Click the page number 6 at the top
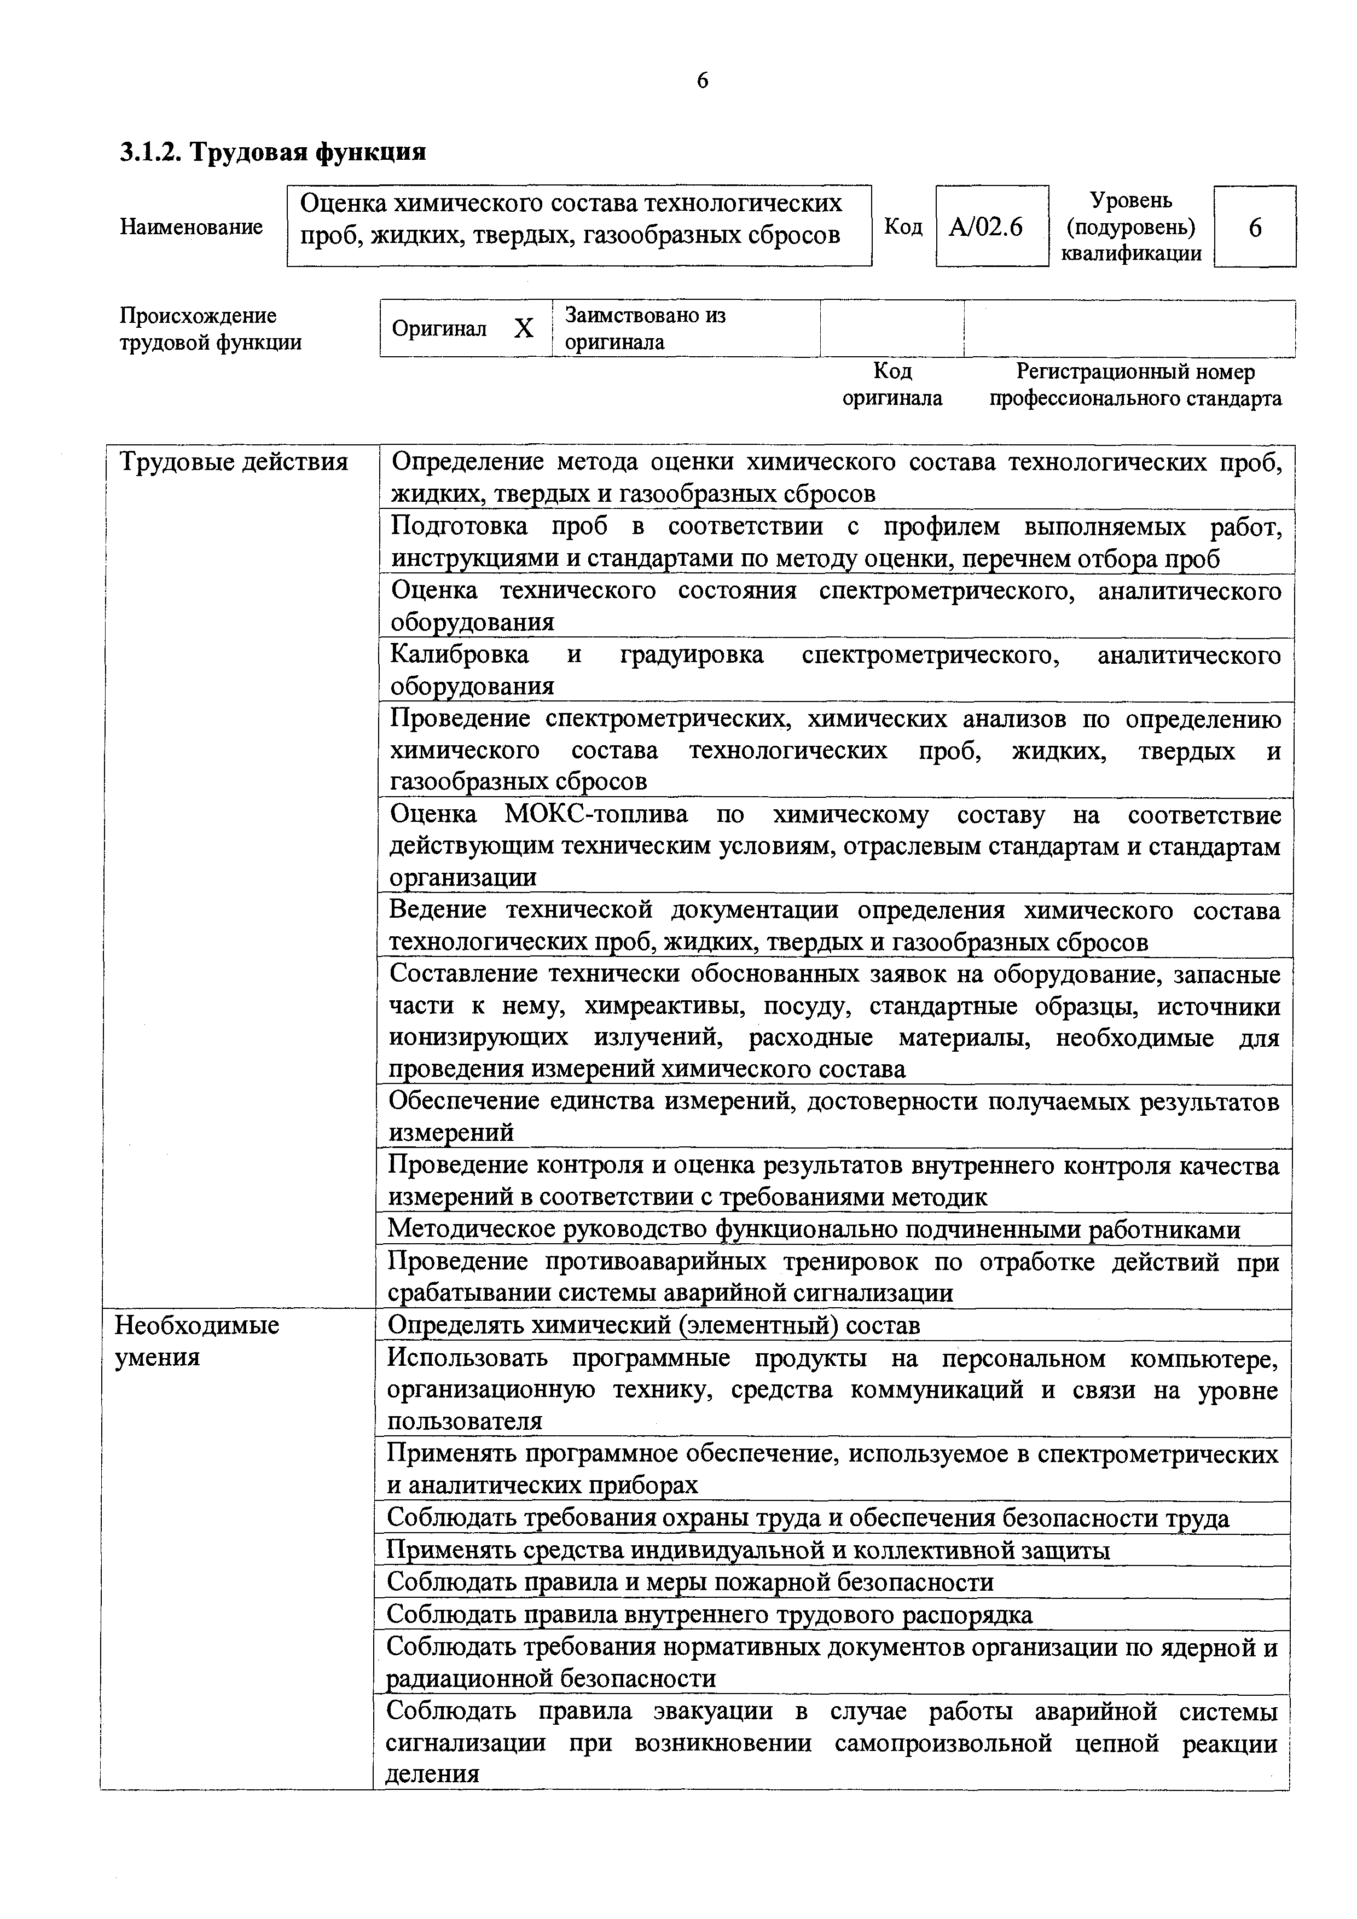click(x=702, y=80)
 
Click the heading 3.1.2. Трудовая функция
click(x=273, y=152)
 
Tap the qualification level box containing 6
click(x=1254, y=227)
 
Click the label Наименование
click(x=192, y=227)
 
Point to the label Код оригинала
click(x=891, y=385)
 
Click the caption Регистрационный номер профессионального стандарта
click(x=1135, y=385)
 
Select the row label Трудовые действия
click(x=234, y=462)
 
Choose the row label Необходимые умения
click(x=196, y=1341)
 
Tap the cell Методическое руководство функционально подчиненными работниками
click(x=814, y=1230)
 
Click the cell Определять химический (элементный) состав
click(x=653, y=1326)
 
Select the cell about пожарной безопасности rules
click(x=690, y=1582)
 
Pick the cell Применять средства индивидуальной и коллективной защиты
click(x=748, y=1550)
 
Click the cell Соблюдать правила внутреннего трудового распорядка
click(x=710, y=1615)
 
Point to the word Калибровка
click(x=460, y=654)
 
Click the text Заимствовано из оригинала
click(x=645, y=328)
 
